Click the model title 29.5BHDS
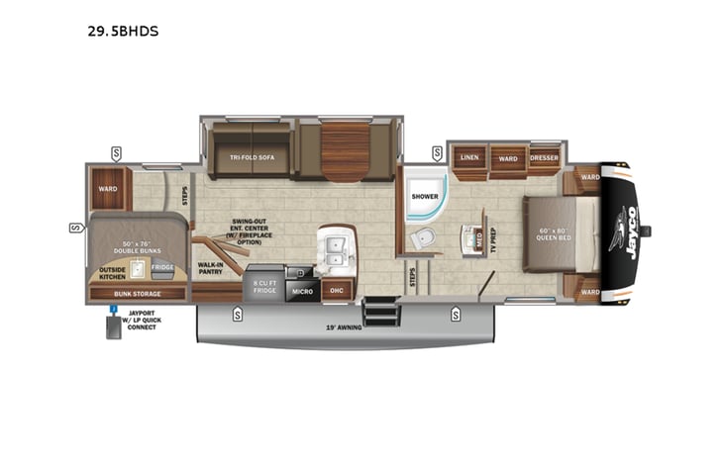pyautogui.click(x=123, y=31)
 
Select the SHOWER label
pyautogui.click(x=425, y=196)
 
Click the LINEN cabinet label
pyautogui.click(x=469, y=157)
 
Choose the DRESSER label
pyautogui.click(x=544, y=157)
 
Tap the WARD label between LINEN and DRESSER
pyautogui.click(x=507, y=157)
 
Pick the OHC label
pyautogui.click(x=336, y=291)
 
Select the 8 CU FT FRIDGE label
pyautogui.click(x=263, y=287)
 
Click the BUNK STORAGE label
pyautogui.click(x=137, y=294)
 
